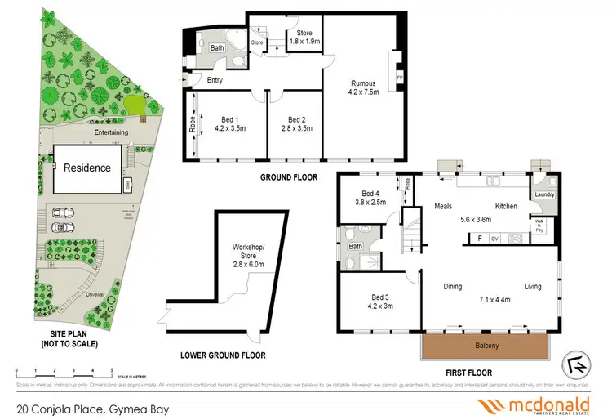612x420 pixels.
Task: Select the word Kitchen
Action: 506,207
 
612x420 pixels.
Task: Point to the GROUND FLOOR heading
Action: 288,176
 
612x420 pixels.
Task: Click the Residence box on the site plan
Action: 88,168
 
